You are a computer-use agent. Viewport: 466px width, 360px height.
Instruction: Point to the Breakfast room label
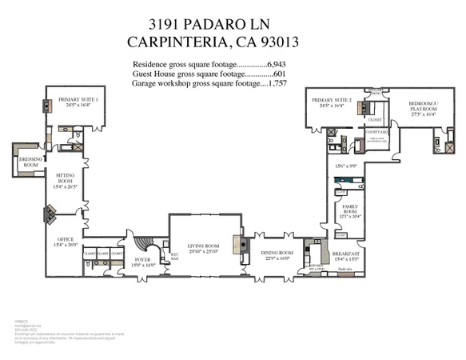[345, 254]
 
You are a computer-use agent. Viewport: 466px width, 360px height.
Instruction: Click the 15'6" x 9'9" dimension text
[346, 166]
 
